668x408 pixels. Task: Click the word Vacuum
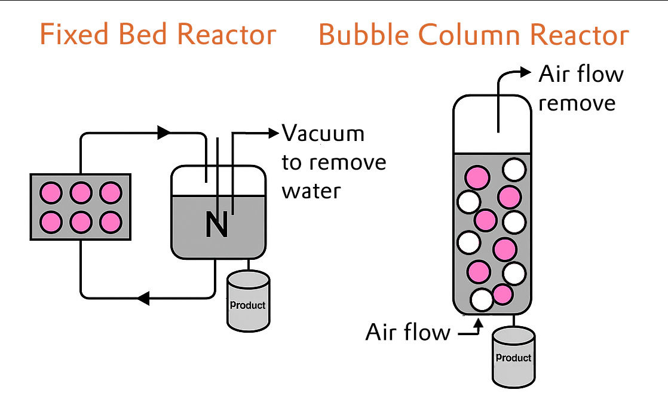[x=323, y=133]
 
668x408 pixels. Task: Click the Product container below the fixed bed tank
[x=248, y=301]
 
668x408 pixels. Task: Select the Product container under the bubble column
[x=513, y=357]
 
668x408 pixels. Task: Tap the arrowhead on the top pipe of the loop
[x=164, y=133]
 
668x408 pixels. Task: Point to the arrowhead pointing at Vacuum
[x=274, y=133]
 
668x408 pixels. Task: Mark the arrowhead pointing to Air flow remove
[x=526, y=73]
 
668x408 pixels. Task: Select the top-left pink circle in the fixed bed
[x=51, y=193]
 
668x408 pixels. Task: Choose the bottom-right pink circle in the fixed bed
[x=111, y=222]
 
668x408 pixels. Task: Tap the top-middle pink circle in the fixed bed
[x=81, y=193]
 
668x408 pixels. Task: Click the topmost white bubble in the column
[x=514, y=170]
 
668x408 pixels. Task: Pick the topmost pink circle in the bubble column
[x=478, y=177]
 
